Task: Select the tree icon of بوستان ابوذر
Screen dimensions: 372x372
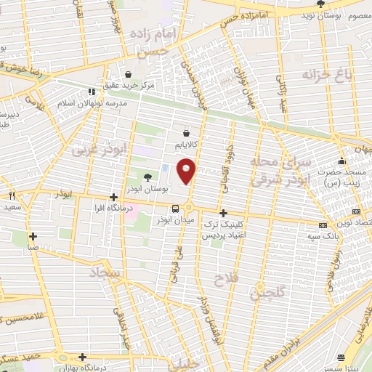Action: (x=148, y=177)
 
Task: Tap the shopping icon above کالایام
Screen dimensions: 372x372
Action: (x=187, y=133)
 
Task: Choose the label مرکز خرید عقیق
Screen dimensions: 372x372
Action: (x=129, y=86)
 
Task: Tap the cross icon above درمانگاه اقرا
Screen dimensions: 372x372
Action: (x=113, y=197)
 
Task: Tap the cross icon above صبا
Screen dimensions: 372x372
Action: (x=33, y=235)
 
